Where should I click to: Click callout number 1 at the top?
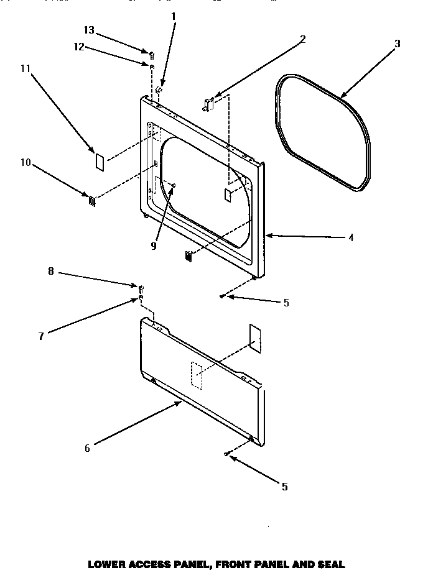click(x=174, y=15)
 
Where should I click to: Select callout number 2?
click(x=303, y=39)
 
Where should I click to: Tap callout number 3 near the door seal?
click(x=398, y=44)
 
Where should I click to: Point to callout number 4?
click(x=351, y=237)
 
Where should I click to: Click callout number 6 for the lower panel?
click(x=87, y=448)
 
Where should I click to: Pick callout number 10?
click(x=26, y=163)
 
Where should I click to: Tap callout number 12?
click(x=79, y=45)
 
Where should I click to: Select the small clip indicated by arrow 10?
click(x=92, y=200)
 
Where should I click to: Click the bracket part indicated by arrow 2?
click(x=208, y=103)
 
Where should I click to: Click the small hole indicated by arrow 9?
click(x=175, y=185)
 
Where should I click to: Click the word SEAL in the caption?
click(x=331, y=565)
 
